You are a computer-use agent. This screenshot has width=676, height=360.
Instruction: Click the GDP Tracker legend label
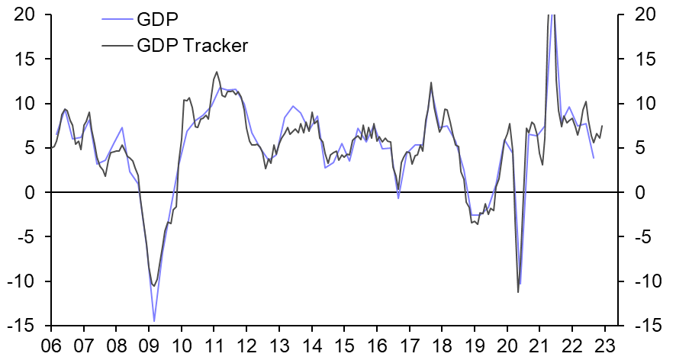click(193, 45)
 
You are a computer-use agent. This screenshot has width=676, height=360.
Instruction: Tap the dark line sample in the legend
click(115, 45)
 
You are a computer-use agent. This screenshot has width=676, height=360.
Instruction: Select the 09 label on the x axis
click(148, 344)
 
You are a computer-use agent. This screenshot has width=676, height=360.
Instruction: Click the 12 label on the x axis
click(246, 344)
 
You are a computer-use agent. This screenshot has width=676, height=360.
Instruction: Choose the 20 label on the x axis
click(507, 344)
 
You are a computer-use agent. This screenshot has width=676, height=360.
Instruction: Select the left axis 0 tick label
click(33, 193)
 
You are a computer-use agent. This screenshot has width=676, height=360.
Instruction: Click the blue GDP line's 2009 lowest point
click(154, 321)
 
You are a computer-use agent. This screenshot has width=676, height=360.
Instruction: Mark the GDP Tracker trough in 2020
click(518, 292)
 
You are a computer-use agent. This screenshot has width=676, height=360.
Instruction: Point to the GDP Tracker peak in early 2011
click(217, 72)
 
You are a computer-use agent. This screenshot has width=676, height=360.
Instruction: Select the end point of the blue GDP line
click(594, 158)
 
